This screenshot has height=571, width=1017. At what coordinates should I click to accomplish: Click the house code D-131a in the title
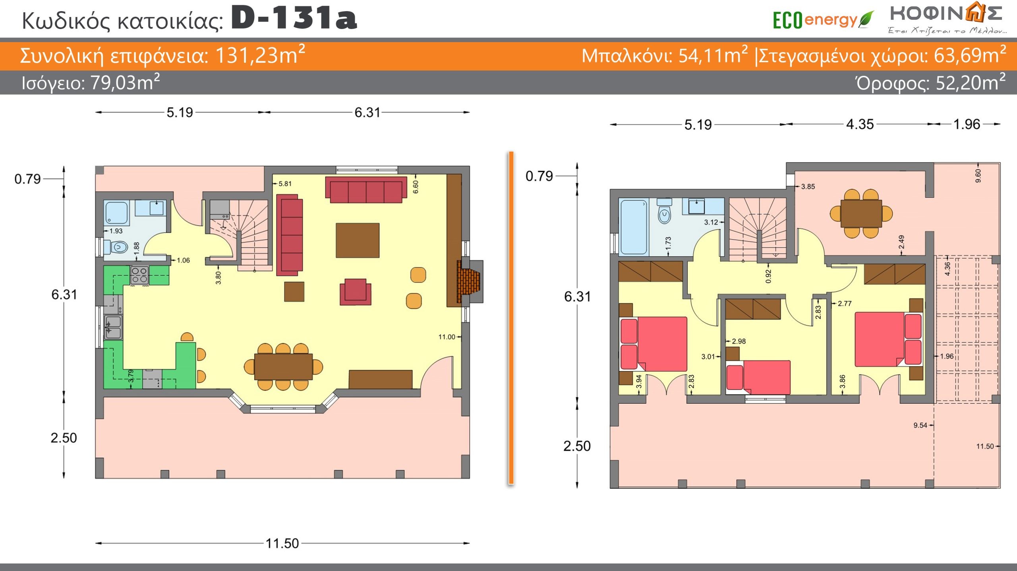point(294,18)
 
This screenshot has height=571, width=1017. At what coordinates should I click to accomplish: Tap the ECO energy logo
point(823,20)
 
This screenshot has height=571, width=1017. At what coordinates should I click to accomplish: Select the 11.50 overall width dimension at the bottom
point(282,543)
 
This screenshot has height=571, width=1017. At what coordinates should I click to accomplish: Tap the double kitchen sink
point(113,327)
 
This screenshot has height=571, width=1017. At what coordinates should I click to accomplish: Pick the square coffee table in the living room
point(358,240)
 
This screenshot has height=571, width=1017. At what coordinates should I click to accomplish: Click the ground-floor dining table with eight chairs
point(283,366)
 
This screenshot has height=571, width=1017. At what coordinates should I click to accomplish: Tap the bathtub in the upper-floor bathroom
point(634,226)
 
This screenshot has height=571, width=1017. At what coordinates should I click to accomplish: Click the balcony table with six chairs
point(861,213)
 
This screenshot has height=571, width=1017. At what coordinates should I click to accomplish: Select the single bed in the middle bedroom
point(758,377)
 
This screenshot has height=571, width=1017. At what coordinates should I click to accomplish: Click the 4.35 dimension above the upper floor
point(860,124)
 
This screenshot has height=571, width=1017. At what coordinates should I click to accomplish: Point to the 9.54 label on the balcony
point(920,425)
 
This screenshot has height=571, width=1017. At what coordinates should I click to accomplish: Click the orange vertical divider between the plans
point(511,318)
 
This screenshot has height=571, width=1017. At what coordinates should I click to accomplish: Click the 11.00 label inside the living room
point(447,337)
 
